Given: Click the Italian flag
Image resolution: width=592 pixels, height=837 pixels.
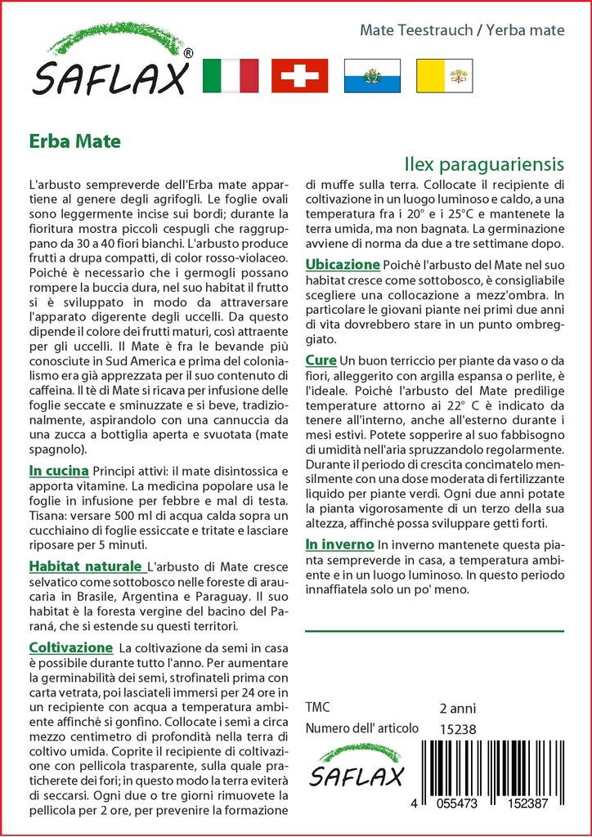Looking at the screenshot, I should [230, 76].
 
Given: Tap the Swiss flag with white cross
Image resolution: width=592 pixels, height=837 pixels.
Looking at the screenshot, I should [299, 76].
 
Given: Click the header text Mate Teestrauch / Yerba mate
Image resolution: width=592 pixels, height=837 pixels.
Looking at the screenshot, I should [462, 30].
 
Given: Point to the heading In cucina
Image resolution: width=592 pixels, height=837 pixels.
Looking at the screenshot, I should [58, 472].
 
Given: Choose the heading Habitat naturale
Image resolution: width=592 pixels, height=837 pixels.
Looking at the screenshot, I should [85, 566].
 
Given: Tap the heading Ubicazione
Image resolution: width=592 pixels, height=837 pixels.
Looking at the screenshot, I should [343, 265].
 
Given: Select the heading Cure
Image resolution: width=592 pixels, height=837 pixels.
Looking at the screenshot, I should [321, 360].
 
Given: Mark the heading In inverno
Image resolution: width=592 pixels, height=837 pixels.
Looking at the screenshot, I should [339, 544].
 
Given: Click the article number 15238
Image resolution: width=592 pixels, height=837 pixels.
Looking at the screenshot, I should [457, 729].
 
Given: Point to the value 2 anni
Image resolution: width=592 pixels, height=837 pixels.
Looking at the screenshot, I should [457, 708].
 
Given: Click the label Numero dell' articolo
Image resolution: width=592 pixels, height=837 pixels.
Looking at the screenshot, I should [361, 729].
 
